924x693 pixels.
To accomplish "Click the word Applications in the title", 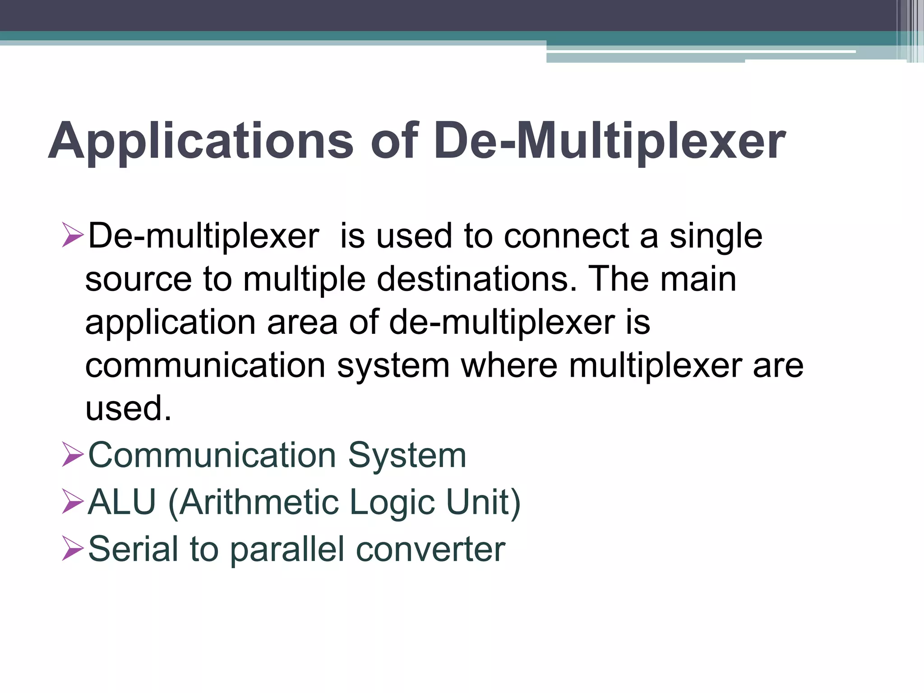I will coord(201,142).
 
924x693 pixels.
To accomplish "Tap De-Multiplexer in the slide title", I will coord(610,142).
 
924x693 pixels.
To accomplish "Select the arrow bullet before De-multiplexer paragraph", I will coord(72,235).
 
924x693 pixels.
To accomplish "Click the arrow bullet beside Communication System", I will coord(72,454).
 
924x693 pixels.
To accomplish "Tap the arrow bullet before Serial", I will coord(72,548).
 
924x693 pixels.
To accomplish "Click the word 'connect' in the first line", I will coord(566,236).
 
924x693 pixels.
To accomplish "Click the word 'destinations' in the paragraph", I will coord(476,279).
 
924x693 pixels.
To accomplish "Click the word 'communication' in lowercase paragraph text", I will coord(205,365).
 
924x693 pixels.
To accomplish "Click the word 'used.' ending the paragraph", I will coord(129,408).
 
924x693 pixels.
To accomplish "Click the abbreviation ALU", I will coord(122,502).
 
